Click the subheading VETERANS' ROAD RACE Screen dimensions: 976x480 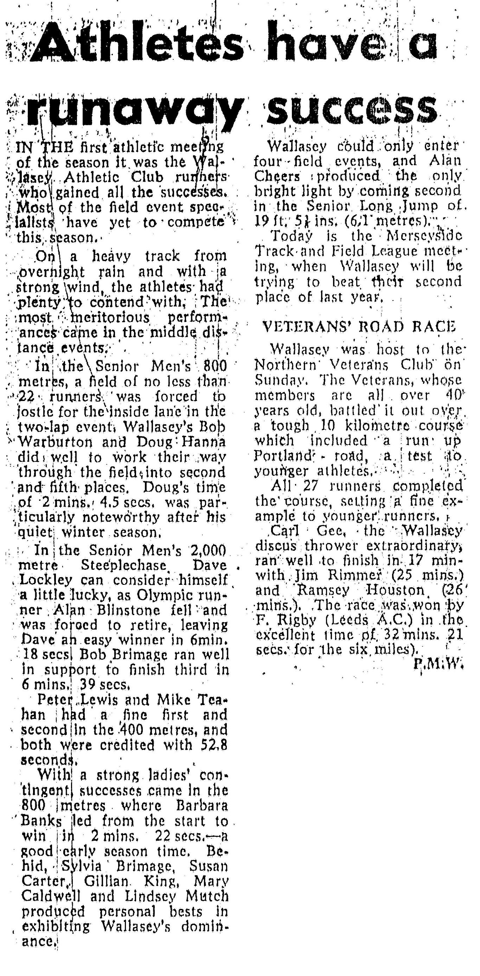[x=359, y=327]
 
